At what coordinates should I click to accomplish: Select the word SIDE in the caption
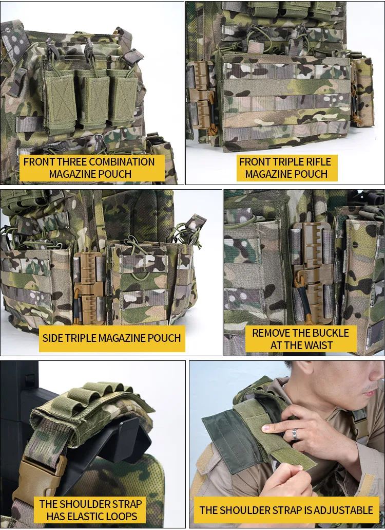click(54, 338)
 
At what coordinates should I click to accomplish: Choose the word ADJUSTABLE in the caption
click(338, 510)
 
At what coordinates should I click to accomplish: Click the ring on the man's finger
click(295, 434)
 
